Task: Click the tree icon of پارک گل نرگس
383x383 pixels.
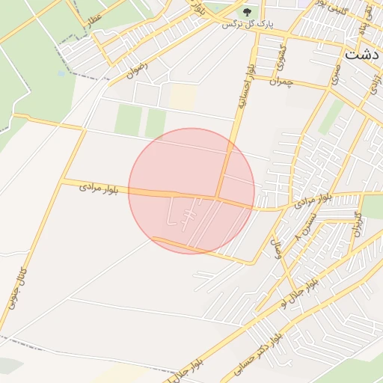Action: pyautogui.click(x=248, y=13)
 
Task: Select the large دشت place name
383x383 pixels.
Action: pyautogui.click(x=363, y=55)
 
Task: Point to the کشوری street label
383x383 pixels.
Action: pyautogui.click(x=283, y=58)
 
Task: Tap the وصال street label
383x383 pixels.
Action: pyautogui.click(x=278, y=248)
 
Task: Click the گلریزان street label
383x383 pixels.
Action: pyautogui.click(x=356, y=224)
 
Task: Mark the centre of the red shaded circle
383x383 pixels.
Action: pyautogui.click(x=191, y=191)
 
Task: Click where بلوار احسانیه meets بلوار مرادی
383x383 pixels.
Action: pyautogui.click(x=218, y=198)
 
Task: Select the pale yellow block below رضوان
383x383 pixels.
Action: pyautogui.click(x=183, y=96)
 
